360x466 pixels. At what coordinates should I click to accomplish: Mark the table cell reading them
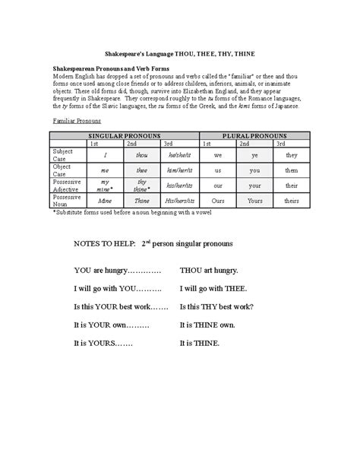pyautogui.click(x=292, y=170)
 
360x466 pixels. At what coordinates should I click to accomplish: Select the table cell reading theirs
pyautogui.click(x=292, y=201)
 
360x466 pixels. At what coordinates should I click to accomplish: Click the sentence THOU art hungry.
pyautogui.click(x=210, y=270)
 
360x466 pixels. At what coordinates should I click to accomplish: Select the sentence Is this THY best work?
pyautogui.click(x=216, y=306)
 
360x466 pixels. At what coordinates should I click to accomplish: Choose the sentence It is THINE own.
pyautogui.click(x=207, y=325)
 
